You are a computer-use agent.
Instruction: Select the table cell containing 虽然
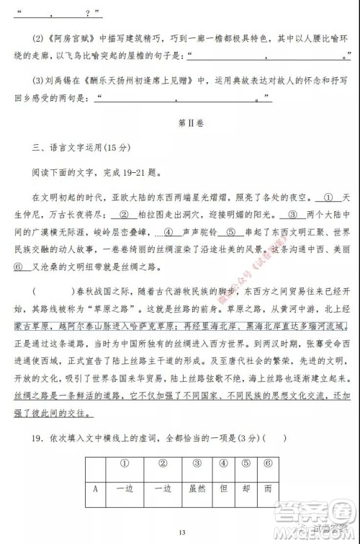[x=197, y=487]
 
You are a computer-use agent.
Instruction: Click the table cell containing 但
[x=224, y=487]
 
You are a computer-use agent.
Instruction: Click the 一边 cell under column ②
[x=163, y=487]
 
